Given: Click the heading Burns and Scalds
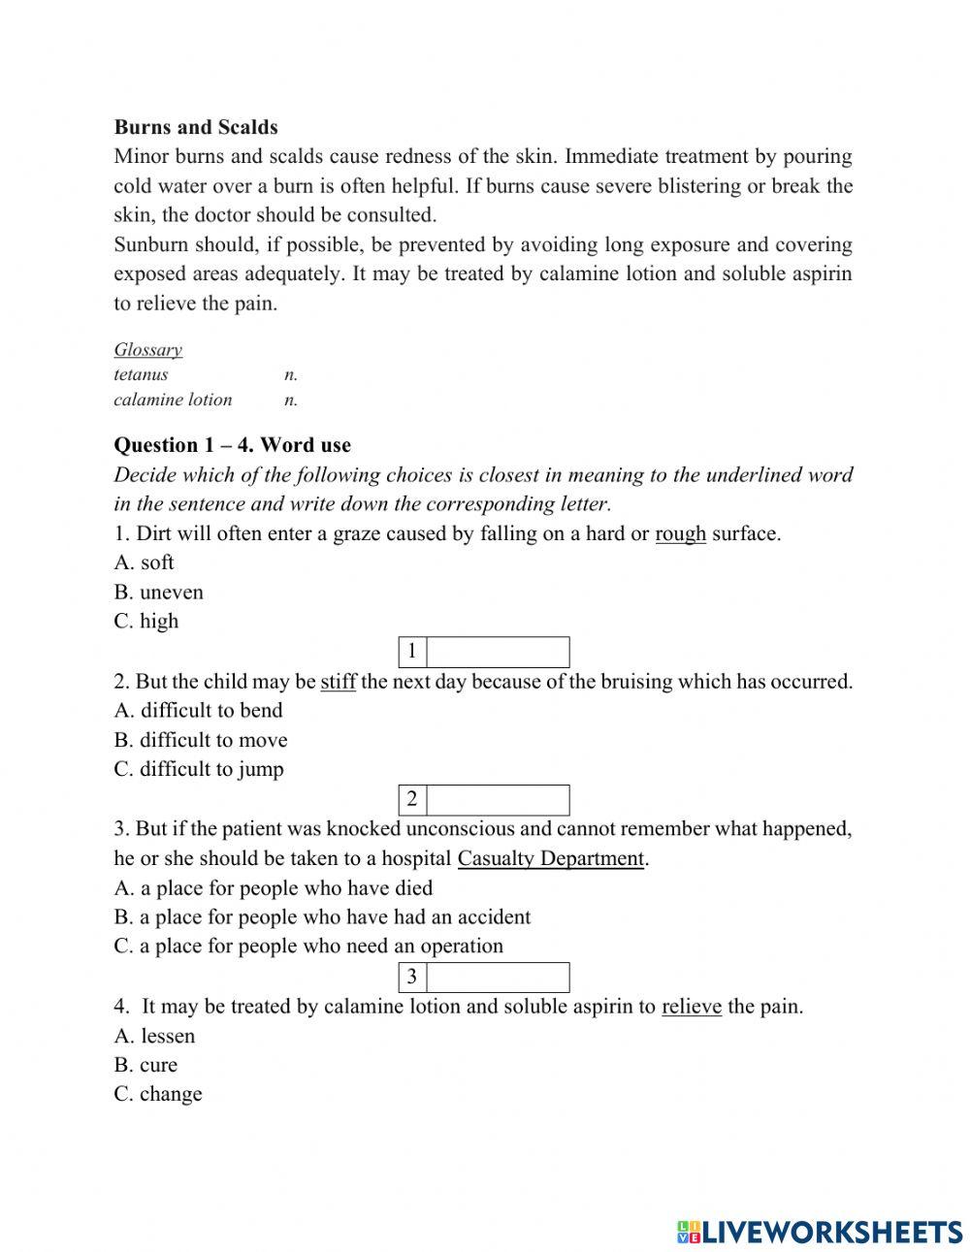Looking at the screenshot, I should [x=196, y=127].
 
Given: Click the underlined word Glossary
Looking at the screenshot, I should [x=147, y=350].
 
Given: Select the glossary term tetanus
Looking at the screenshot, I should [x=141, y=374].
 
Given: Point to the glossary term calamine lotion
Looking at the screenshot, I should [x=173, y=400].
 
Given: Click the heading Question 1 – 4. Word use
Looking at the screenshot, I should [x=232, y=445].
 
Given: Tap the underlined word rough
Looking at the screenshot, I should [x=680, y=533].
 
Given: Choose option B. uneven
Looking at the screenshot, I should [x=158, y=593].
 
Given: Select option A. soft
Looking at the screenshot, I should [x=144, y=562].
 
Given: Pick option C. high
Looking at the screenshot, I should [x=145, y=622].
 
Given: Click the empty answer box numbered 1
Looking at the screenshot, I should [x=498, y=652].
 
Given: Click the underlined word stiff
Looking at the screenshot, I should [x=338, y=682].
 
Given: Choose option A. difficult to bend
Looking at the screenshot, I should [x=198, y=711].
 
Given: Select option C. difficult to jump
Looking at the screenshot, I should [x=199, y=770].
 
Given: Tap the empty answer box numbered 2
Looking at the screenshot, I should [x=498, y=800].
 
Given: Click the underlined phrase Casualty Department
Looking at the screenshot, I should [x=550, y=858].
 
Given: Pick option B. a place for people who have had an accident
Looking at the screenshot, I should [x=322, y=917].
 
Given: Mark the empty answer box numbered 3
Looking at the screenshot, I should [x=498, y=977].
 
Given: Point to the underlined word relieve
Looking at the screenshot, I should [x=691, y=1007].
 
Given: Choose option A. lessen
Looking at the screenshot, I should [x=154, y=1037].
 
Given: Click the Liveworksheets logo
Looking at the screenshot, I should [x=820, y=1232].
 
